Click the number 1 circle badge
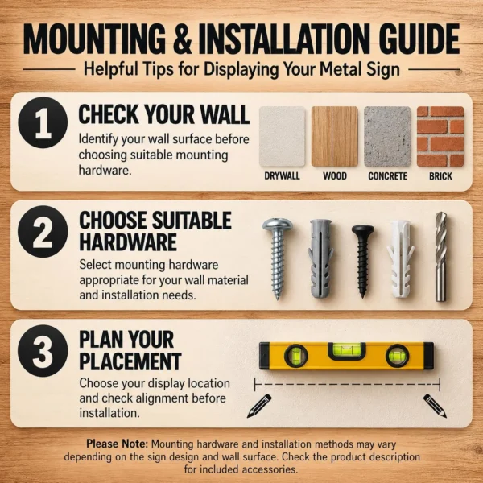point(43,122)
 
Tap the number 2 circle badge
point(43,232)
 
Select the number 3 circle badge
point(43,350)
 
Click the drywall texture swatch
point(283,137)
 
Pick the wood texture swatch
point(335,137)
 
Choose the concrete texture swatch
point(387,137)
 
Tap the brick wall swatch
point(440,137)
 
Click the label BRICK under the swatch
point(440,176)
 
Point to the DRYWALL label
point(283,175)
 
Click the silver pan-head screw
point(278,258)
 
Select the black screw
point(362,260)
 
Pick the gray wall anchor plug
point(320,258)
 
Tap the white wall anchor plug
point(400,258)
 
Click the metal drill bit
point(441,257)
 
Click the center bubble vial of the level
point(346,350)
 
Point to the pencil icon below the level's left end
point(259,406)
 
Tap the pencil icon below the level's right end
point(435,406)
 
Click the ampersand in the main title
point(183,39)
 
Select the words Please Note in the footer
point(117,444)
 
